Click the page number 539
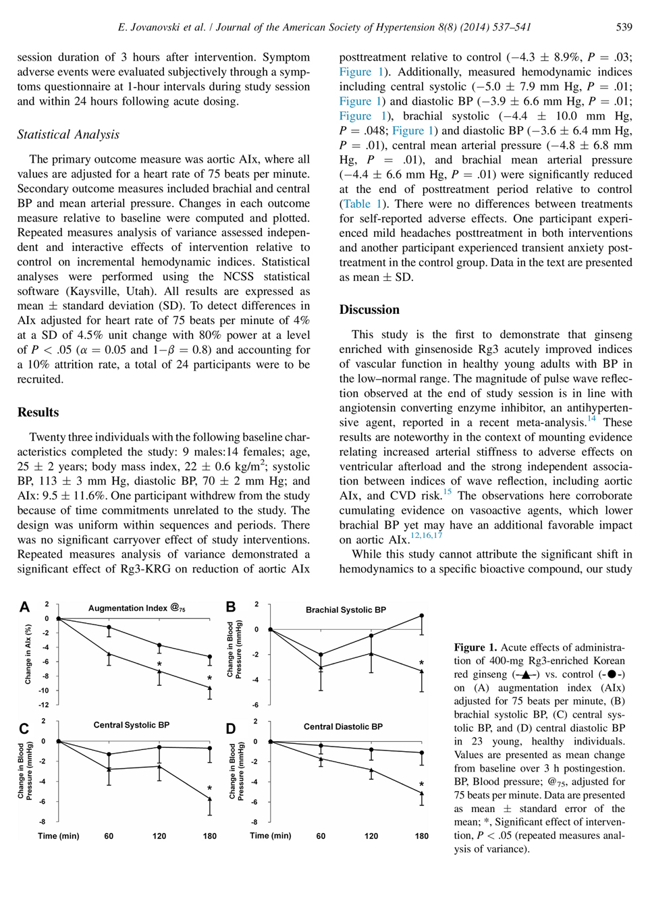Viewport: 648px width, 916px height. point(624,27)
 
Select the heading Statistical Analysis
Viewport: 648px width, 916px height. point(68,134)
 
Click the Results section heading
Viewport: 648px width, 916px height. point(38,412)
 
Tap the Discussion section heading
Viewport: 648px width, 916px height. point(369,310)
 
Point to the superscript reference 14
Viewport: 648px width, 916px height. point(591,419)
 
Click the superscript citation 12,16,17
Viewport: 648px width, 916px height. point(426,535)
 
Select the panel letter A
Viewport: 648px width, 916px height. point(24,607)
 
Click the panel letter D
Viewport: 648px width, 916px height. point(231,729)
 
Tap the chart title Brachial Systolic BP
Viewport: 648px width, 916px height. point(346,610)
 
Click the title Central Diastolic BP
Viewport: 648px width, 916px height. point(343,727)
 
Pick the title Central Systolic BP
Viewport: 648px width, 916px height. point(131,725)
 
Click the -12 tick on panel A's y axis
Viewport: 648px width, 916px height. point(44,705)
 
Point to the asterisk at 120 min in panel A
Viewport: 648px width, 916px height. point(159,665)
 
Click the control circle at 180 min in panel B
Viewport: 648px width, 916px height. point(422,616)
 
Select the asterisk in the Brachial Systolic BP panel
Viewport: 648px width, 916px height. point(422,664)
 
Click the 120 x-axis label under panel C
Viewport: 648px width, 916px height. point(159,836)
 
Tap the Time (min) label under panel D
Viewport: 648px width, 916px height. point(271,836)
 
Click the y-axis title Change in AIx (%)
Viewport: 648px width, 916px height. point(28,654)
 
